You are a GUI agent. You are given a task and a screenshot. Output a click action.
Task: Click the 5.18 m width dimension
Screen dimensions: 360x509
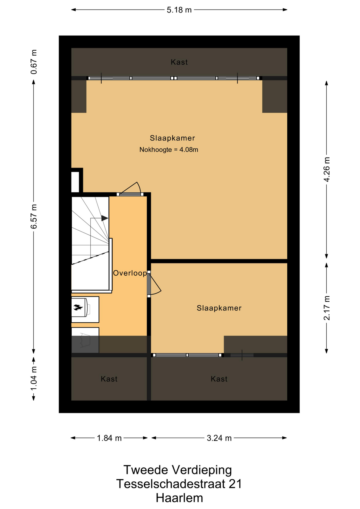tap(179, 10)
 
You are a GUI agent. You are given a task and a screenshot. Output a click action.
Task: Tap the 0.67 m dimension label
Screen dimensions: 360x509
tap(34, 62)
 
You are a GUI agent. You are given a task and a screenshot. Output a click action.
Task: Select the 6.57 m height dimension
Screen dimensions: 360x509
tap(34, 216)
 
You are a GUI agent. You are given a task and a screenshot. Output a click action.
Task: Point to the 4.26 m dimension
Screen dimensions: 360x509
tap(327, 169)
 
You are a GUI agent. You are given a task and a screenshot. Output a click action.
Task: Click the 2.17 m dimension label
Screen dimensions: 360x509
tap(327, 308)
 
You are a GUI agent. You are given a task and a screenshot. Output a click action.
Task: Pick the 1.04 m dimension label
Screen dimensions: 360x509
tap(34, 378)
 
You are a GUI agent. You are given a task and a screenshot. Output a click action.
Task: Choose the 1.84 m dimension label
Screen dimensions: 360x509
tap(109, 438)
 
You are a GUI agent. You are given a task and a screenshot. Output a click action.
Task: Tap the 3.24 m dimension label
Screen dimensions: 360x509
tap(219, 438)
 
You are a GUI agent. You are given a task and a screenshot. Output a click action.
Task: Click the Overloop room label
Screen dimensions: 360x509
tap(130, 273)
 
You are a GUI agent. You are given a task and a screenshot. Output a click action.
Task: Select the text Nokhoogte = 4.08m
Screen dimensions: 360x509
tap(169, 150)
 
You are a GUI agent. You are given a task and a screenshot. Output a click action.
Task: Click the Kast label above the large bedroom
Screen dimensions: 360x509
tap(179, 62)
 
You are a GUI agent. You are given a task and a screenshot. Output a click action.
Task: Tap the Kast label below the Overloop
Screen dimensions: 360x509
tap(109, 379)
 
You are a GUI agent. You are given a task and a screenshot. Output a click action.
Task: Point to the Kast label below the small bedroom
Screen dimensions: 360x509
tap(219, 379)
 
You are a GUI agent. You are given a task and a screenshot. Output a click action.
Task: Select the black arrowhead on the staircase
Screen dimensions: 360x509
tap(105, 218)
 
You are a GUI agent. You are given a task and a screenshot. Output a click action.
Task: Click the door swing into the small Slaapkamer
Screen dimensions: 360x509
tap(155, 284)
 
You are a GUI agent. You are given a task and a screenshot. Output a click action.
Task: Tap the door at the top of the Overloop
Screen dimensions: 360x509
tap(130, 189)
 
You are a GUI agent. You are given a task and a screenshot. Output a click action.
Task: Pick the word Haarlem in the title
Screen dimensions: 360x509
tap(179, 498)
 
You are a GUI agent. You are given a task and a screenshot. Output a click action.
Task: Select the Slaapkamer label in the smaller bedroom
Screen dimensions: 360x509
tap(219, 308)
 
